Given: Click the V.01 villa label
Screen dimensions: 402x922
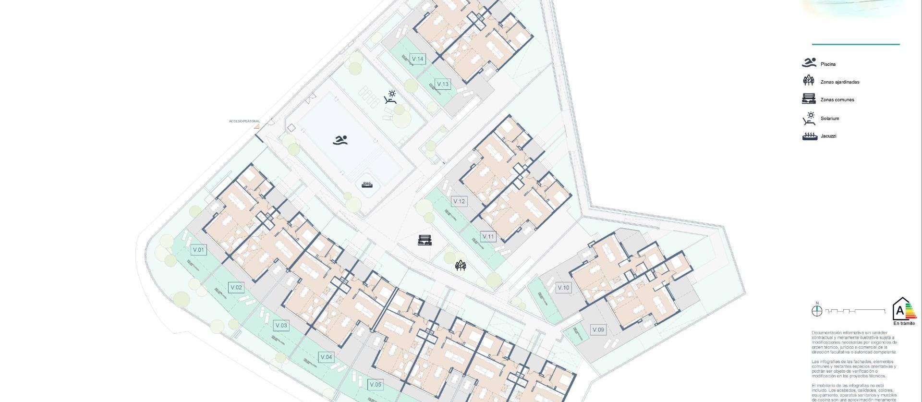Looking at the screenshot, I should click(198, 250).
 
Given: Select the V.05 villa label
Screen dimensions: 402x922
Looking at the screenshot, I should click(376, 384).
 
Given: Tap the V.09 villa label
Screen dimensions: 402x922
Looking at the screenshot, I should click(598, 329).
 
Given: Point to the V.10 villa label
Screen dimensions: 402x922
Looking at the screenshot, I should click(563, 288).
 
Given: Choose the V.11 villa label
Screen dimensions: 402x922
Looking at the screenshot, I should click(488, 236).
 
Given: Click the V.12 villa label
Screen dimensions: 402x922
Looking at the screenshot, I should click(459, 201).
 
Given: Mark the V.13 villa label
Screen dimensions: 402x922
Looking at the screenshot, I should click(443, 84).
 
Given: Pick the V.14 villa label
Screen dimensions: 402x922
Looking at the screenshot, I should click(418, 59).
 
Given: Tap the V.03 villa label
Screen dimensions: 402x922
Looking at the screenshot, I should click(281, 325).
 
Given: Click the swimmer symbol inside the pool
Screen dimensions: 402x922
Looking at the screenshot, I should click(340, 140).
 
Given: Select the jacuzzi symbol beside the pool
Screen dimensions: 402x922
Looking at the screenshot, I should click(367, 184).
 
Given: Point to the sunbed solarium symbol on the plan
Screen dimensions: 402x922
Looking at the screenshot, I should click(390, 97).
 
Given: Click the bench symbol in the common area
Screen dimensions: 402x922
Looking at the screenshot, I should click(425, 240).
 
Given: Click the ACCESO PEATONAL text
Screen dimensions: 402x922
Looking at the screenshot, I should click(244, 122).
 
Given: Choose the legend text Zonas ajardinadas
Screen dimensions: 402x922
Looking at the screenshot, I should click(839, 82).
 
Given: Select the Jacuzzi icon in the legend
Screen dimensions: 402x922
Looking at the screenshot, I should click(810, 136).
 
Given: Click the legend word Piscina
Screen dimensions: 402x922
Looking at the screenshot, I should click(828, 64).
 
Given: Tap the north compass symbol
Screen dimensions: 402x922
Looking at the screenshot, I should click(817, 311).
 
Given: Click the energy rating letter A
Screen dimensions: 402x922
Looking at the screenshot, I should click(899, 310).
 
